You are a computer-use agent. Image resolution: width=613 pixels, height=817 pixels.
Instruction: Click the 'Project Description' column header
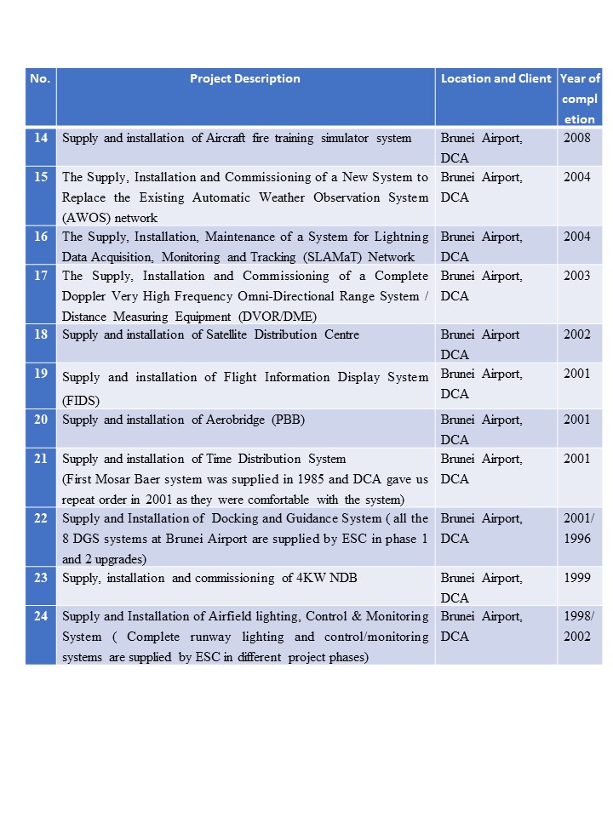coord(244,78)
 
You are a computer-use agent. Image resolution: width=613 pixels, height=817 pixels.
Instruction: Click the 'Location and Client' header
coord(496,78)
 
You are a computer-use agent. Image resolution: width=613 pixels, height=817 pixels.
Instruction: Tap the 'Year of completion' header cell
coord(580,99)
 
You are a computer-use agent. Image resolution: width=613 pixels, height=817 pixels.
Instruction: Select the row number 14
coord(41,138)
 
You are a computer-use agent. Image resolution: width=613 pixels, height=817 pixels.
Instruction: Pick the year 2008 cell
coord(576,138)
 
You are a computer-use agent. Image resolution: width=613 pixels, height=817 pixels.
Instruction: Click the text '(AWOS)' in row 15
coord(83,218)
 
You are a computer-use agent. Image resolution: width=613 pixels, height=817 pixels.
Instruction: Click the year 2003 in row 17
coord(576,277)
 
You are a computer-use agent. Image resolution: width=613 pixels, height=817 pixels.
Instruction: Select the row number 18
coord(41,335)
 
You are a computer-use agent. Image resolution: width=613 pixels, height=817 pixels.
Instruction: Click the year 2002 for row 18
coord(576,335)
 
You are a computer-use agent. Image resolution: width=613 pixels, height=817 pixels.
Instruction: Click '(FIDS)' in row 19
coord(78,399)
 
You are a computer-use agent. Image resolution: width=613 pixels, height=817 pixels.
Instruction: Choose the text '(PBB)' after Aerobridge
coord(289,420)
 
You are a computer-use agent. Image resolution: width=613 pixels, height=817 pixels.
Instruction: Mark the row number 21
coord(41,460)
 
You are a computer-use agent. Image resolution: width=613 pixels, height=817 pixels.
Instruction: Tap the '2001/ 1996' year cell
coord(579,528)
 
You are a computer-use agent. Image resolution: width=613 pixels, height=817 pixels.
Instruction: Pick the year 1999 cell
coord(576,578)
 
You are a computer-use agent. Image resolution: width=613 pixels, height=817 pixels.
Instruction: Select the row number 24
coord(41,617)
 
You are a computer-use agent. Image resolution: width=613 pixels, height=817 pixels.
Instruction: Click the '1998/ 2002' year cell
coord(579,626)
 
